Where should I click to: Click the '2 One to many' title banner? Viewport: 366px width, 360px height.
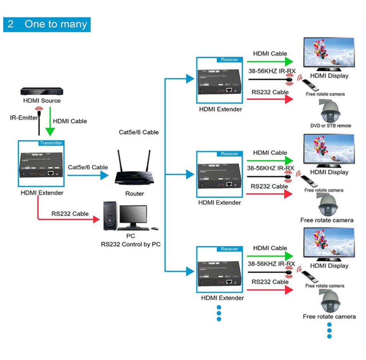[47, 25]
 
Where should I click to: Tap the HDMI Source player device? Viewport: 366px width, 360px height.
[42, 91]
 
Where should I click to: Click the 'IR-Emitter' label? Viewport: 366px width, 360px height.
[24, 118]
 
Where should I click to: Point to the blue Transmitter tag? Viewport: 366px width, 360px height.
[51, 143]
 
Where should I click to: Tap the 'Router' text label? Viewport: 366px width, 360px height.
[135, 194]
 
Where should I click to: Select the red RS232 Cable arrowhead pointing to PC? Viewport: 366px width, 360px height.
[96, 219]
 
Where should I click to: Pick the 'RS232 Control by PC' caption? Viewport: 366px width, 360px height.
[130, 245]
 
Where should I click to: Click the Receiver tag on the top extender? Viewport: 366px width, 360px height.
[229, 60]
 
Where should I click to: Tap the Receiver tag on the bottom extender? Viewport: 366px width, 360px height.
[229, 249]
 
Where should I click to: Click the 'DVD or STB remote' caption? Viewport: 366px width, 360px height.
[331, 126]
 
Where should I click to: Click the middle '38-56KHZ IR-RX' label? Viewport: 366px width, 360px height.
[271, 168]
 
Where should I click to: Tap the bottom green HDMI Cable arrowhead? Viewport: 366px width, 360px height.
[289, 256]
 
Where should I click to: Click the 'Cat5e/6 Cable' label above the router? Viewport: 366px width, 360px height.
[139, 132]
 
